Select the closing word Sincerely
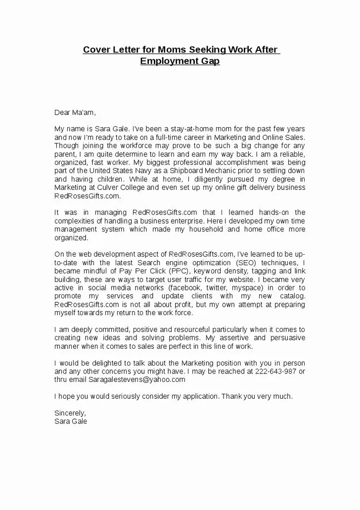pyautogui.click(x=70, y=413)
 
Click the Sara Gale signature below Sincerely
pyautogui.click(x=71, y=421)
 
